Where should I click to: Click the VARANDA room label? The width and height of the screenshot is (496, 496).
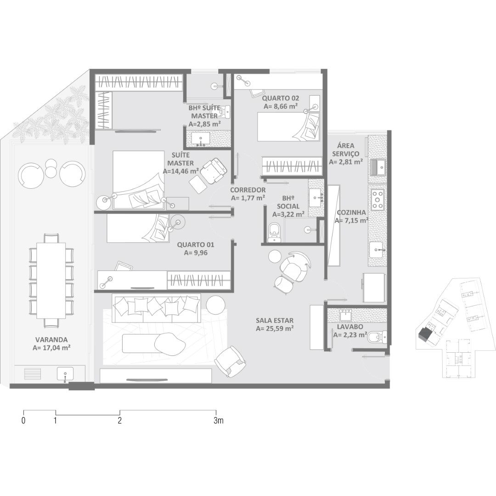click(51, 340)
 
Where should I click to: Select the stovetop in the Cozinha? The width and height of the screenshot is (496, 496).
click(378, 199)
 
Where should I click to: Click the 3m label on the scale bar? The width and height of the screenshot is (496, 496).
click(218, 421)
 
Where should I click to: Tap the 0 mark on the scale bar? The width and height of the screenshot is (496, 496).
click(23, 421)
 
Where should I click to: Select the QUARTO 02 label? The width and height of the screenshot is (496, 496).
click(280, 98)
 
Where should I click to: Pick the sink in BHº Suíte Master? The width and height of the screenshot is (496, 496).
click(200, 139)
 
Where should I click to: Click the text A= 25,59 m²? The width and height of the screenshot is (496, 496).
click(275, 329)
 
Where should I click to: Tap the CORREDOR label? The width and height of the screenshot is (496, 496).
click(248, 190)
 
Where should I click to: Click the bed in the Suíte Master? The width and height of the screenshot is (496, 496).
click(139, 180)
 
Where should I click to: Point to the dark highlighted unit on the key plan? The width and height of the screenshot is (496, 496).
click(424, 334)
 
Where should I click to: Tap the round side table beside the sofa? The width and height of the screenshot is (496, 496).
click(216, 304)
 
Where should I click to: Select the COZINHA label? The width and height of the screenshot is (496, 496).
click(351, 213)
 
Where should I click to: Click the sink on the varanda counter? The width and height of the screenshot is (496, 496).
click(65, 373)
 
